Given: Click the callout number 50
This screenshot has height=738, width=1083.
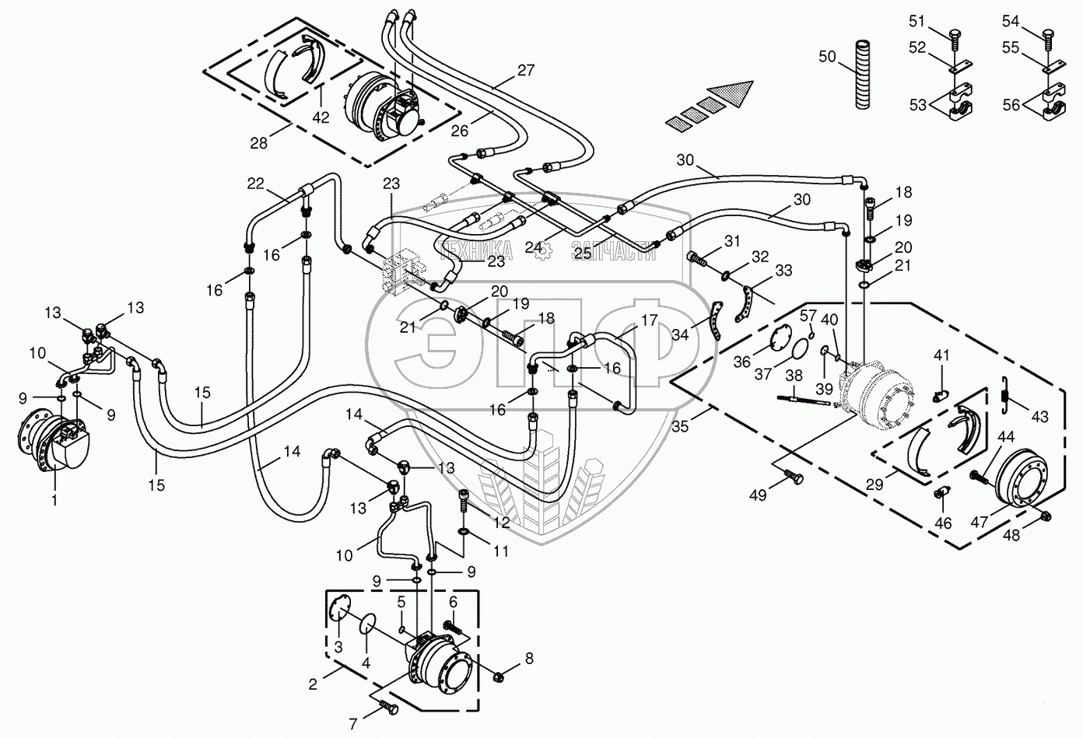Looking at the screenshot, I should pyautogui.click(x=827, y=57).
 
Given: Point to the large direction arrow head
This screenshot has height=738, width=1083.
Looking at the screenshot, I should pyautogui.click(x=738, y=92).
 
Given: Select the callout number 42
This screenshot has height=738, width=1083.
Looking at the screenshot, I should pyautogui.click(x=321, y=117).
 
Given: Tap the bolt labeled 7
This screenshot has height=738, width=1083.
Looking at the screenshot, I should pyautogui.click(x=389, y=708).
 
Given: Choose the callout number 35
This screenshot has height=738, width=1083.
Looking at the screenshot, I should pyautogui.click(x=681, y=427).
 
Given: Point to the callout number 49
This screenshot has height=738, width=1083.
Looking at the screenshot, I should pyautogui.click(x=758, y=495).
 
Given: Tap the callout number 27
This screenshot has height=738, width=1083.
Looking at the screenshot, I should pyautogui.click(x=526, y=71).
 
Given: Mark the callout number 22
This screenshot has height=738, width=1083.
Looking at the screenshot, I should pyautogui.click(x=256, y=184).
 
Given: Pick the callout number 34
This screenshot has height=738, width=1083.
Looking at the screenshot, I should pyautogui.click(x=678, y=335).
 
